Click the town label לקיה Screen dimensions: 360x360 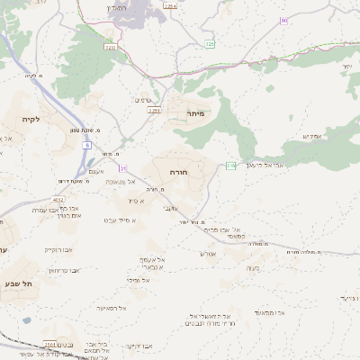[28, 119]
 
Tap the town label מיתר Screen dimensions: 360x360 [197, 113]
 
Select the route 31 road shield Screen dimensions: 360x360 [123, 168]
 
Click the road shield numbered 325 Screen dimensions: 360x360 [210, 43]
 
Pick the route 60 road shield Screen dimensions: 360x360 [283, 20]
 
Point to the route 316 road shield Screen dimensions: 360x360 [231, 166]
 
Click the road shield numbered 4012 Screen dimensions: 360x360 [58, 200]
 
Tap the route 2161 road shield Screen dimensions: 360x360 [154, 111]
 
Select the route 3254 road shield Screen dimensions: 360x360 [170, 5]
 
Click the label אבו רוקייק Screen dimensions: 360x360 [59, 249]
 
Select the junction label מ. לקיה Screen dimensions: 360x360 [34, 75]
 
